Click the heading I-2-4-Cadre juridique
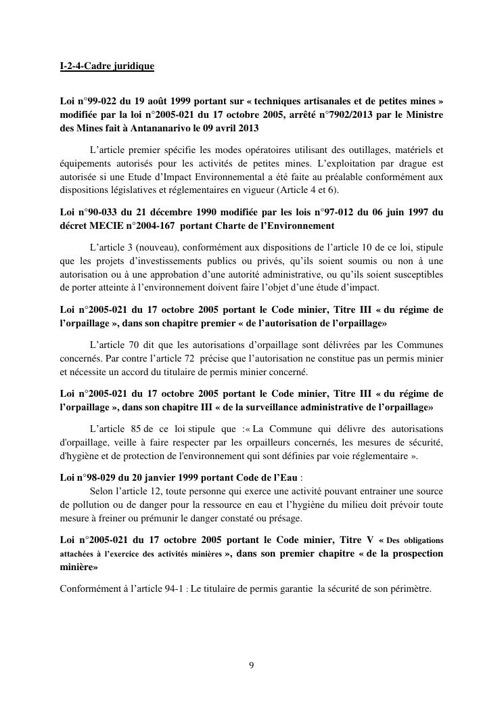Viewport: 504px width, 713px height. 107,66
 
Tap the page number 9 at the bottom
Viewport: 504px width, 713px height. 252,665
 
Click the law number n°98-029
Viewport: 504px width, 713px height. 93,477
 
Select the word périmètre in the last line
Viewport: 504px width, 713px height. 409,588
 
